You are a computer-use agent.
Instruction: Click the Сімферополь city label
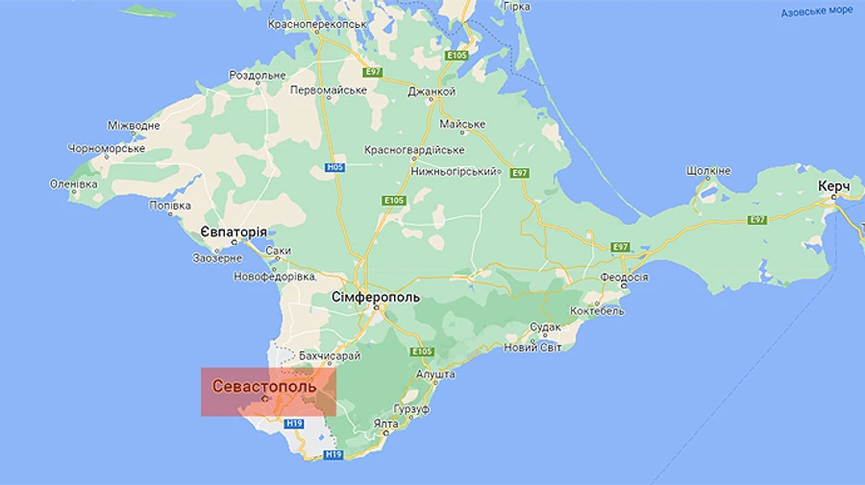coord(376,298)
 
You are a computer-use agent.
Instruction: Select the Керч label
coord(833,185)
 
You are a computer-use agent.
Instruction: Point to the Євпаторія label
coord(234,232)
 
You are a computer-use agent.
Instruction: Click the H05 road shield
coord(334,167)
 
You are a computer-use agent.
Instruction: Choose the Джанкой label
coord(431,92)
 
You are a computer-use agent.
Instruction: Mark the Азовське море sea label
coord(816,12)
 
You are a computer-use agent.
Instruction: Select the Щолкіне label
coord(709,171)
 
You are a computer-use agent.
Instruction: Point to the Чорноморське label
coord(106,149)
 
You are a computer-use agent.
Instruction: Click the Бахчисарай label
coord(330,355)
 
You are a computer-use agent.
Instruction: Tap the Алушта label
coord(435,374)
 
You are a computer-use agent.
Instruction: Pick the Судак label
coord(545,327)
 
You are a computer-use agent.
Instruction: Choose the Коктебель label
coord(597,311)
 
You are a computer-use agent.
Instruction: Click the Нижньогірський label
coord(452,171)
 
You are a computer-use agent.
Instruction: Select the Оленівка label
coord(74,183)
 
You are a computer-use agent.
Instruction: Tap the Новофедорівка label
coord(275,277)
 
